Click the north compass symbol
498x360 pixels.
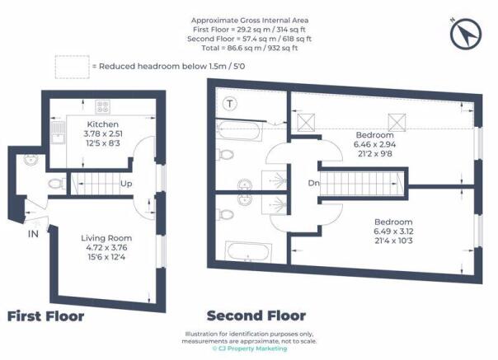tap(466, 34)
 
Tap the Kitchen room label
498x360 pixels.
tap(102, 124)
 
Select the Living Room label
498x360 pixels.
tap(106, 238)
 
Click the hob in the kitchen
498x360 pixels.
tap(102, 106)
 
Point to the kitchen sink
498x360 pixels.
tap(58, 133)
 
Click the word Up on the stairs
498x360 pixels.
tap(126, 184)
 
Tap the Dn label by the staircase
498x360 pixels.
tap(313, 183)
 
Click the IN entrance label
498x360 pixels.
tap(33, 234)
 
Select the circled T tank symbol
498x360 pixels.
tap(230, 104)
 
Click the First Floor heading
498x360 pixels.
tap(45, 316)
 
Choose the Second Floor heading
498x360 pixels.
tap(256, 316)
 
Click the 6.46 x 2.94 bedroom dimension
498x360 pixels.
tap(375, 144)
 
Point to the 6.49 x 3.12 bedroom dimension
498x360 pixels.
tap(393, 231)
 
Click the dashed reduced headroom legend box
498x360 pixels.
tap(72, 67)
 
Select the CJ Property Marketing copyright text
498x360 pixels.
tap(249, 348)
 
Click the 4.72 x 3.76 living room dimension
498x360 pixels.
tap(106, 248)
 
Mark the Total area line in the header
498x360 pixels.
tap(250, 49)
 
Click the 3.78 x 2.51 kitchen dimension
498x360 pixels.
tap(103, 133)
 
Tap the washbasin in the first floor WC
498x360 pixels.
tap(31, 160)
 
